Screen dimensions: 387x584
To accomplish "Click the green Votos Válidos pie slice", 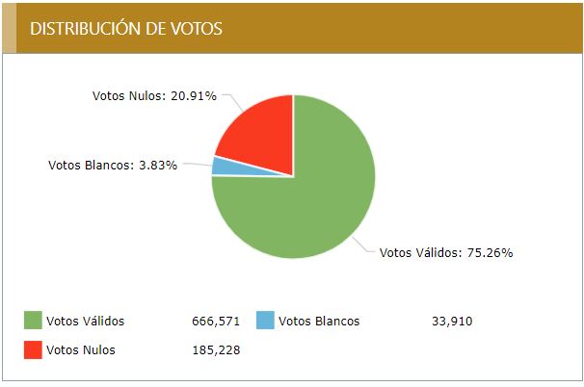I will click(x=308, y=207).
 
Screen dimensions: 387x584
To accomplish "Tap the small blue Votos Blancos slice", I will click(x=221, y=166).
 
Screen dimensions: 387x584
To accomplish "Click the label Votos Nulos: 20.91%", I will click(x=154, y=96).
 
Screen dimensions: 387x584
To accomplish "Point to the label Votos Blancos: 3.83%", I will click(x=112, y=165).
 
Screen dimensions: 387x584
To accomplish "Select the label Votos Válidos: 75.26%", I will click(x=446, y=252).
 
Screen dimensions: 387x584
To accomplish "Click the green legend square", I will click(x=33, y=321).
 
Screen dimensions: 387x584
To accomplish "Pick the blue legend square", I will click(x=265, y=321).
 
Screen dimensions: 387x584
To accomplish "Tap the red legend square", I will click(x=33, y=349).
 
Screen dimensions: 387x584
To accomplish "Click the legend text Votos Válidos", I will click(x=86, y=321).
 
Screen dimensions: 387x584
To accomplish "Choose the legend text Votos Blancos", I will click(x=318, y=321).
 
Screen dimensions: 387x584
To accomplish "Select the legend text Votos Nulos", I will click(x=81, y=349).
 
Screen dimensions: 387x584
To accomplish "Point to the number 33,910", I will click(x=452, y=321).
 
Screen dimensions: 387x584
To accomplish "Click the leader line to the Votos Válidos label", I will click(x=365, y=246).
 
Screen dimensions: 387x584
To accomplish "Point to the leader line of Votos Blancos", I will click(x=197, y=166).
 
